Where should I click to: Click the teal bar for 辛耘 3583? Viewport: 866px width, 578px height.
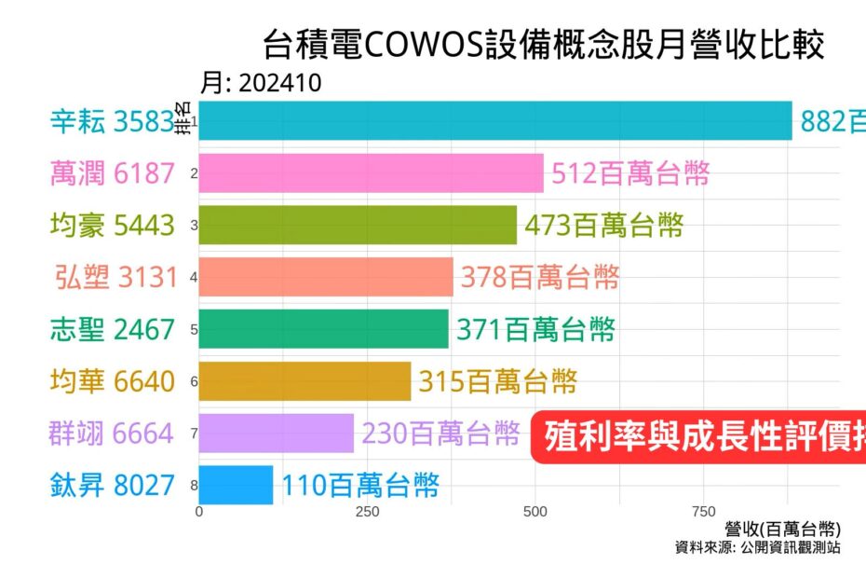(494, 121)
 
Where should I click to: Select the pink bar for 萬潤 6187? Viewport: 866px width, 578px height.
(371, 173)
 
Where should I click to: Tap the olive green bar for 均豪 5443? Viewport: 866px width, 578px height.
(358, 225)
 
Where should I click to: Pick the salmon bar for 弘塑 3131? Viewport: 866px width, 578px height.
(326, 277)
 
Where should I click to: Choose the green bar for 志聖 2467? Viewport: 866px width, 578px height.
(323, 329)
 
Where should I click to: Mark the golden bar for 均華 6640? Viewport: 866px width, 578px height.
(304, 381)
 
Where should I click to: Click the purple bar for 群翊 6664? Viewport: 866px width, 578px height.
(276, 433)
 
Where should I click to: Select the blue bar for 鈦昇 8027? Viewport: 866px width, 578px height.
(236, 485)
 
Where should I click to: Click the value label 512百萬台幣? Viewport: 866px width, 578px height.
(630, 173)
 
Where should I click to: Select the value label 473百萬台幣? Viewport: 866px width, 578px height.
(604, 225)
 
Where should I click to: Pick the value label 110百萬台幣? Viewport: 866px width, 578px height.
(359, 486)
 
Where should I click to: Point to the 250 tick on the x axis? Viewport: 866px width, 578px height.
(367, 512)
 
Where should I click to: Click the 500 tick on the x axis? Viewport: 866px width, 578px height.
(535, 512)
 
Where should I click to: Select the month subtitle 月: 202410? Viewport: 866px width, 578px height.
(261, 84)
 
